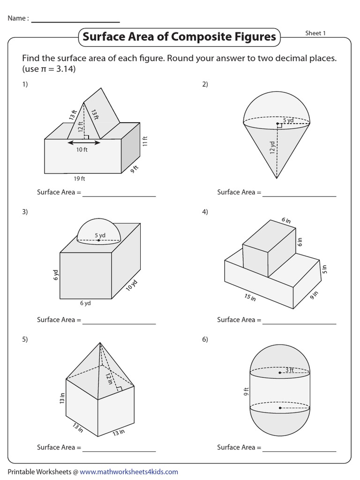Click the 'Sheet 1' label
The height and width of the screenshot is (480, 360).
click(315, 33)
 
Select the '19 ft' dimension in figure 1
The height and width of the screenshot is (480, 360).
click(79, 179)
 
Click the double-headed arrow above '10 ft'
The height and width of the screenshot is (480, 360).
click(83, 142)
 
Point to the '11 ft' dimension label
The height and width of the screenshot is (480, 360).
click(145, 141)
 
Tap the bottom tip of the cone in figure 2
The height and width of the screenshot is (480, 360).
click(277, 179)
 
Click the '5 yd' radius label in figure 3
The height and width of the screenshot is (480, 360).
click(100, 235)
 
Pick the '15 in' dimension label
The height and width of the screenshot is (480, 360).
click(250, 297)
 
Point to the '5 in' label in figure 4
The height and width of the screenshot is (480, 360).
click(323, 269)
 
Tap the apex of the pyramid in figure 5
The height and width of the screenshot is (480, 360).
click(100, 343)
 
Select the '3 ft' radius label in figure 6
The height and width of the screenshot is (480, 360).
click(289, 370)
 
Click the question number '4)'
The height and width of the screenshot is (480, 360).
click(205, 212)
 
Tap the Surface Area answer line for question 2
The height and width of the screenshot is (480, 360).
click(299, 195)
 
